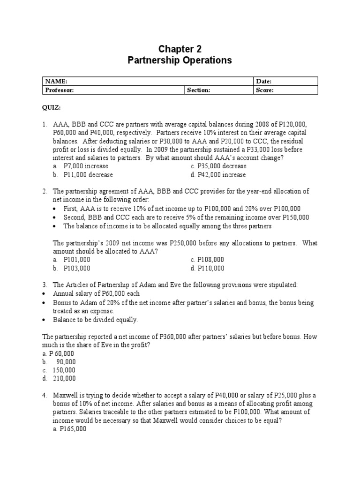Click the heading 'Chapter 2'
(180, 49)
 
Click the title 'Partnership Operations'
(180, 60)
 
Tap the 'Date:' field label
(264, 81)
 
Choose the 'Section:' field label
(199, 90)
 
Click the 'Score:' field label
(265, 90)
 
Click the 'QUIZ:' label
(52, 107)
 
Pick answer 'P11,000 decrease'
(88, 175)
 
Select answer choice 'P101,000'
(77, 260)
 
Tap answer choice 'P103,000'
(77, 269)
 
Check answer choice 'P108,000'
(210, 260)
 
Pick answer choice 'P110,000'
(210, 269)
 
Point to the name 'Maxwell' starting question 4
(66, 395)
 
